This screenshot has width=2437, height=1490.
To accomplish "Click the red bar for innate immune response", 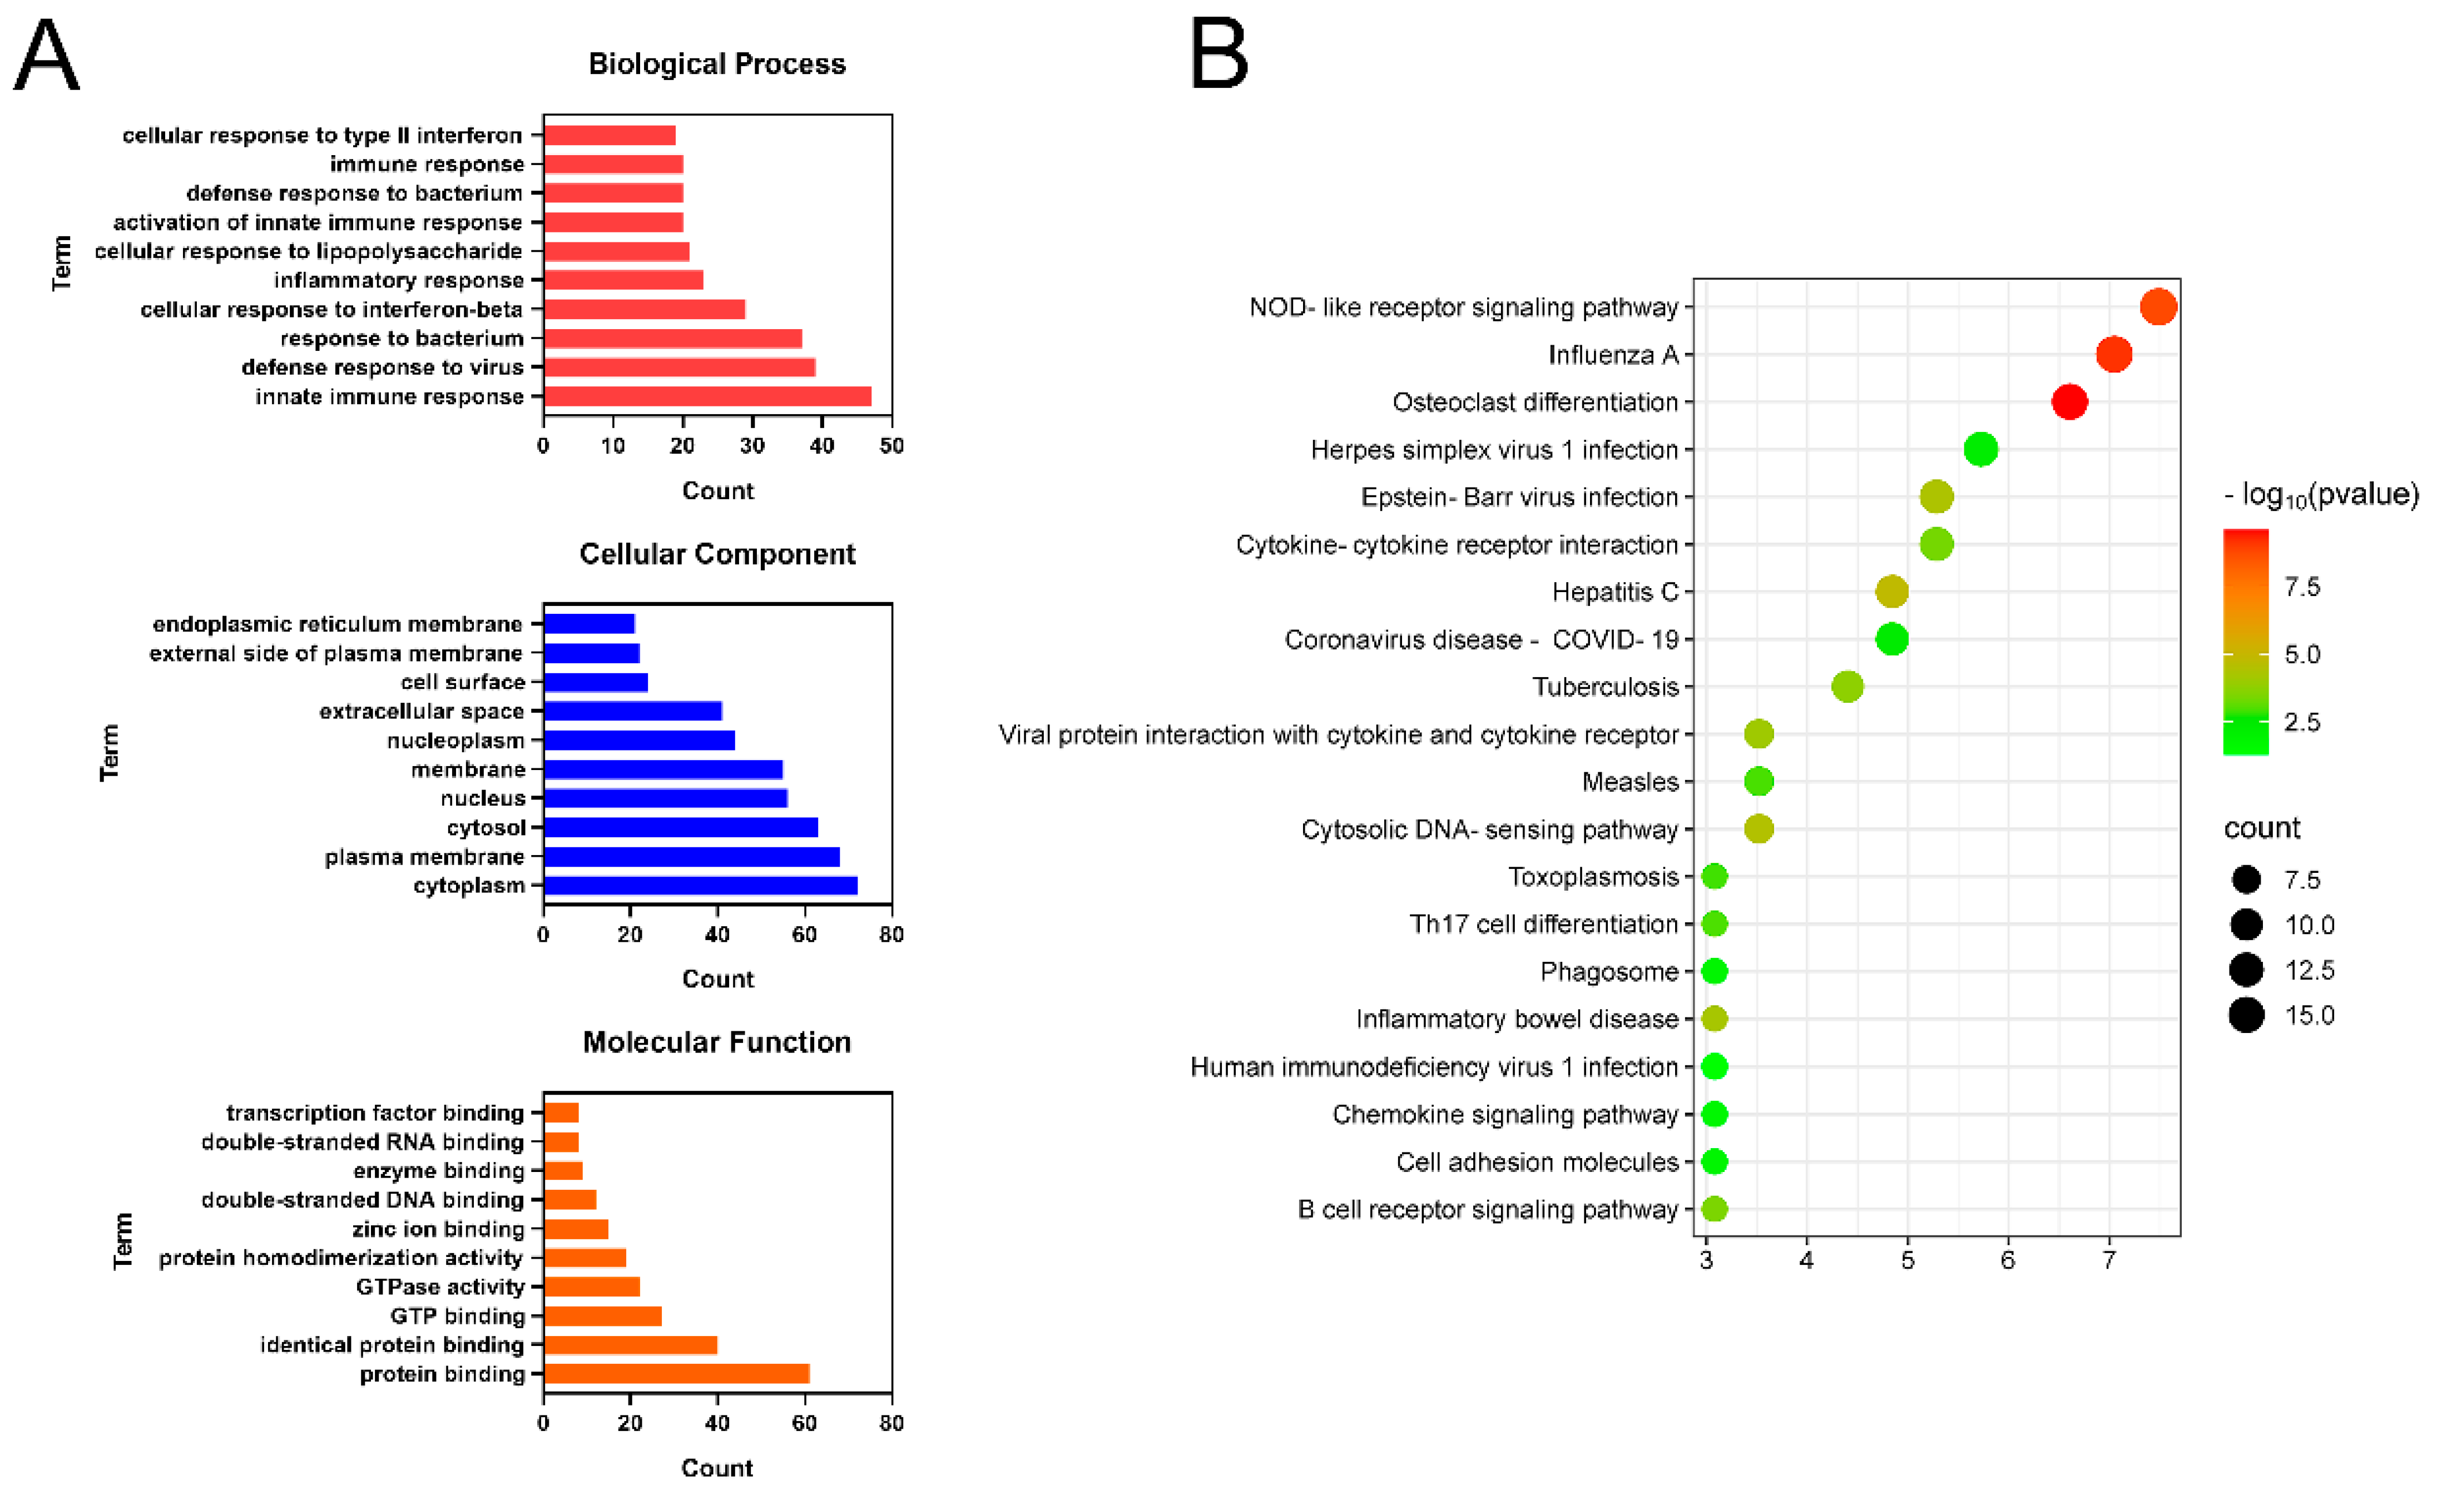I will [x=707, y=396].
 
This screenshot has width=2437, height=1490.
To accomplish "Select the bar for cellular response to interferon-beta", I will [x=644, y=310].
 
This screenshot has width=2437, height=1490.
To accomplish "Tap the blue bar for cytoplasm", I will [x=700, y=885].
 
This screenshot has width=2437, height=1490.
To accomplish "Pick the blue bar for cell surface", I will [x=596, y=682].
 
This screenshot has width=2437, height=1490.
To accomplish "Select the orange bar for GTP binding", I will [x=602, y=1316].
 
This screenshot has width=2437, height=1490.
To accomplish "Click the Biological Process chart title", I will [x=717, y=64].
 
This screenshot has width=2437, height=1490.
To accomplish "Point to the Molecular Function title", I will [x=717, y=1042].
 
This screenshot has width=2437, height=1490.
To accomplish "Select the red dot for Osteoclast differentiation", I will [x=2069, y=403].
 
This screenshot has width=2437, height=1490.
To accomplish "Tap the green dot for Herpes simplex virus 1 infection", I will [x=1980, y=450].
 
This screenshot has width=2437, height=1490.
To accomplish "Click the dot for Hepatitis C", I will [x=1891, y=592].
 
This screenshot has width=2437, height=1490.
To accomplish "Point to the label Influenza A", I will [x=1613, y=355].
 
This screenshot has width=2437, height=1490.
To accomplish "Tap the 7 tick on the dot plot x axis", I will [x=2109, y=1260].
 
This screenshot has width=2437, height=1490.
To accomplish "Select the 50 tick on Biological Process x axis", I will [x=891, y=446].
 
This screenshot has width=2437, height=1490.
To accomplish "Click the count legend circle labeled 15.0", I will [x=2246, y=1015].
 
